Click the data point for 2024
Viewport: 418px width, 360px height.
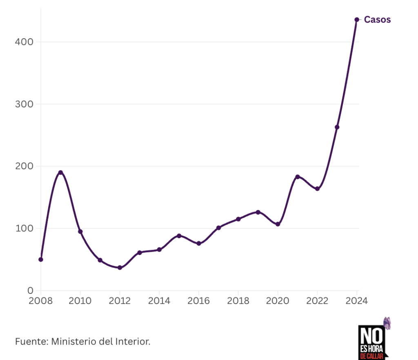[357, 20]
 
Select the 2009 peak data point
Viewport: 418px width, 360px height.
[60, 172]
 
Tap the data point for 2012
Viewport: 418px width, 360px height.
[120, 268]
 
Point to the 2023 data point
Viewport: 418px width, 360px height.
[337, 127]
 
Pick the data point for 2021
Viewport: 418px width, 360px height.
[298, 177]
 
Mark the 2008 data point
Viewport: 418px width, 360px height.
[41, 259]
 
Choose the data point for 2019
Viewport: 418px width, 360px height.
[258, 212]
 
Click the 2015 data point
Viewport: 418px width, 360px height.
[179, 236]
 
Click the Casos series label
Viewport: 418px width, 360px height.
[377, 20]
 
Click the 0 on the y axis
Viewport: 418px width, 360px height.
[31, 291]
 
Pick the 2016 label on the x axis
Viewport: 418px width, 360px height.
[198, 301]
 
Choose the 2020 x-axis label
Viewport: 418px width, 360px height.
[278, 301]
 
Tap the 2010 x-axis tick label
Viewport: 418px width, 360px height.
[80, 301]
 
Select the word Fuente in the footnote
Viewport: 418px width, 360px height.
[31, 342]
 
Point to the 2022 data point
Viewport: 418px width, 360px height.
[317, 189]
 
